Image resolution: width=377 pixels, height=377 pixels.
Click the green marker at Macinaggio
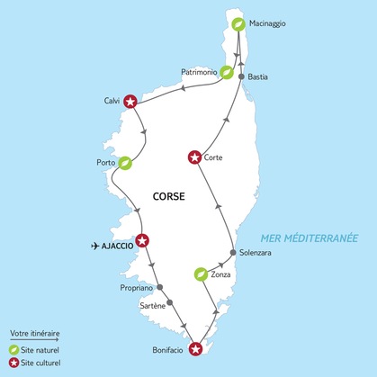(x=238, y=24)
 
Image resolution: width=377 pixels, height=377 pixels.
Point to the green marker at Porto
(x=125, y=164)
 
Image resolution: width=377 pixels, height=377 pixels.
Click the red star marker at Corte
(x=194, y=157)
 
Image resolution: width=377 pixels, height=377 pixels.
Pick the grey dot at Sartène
(x=170, y=304)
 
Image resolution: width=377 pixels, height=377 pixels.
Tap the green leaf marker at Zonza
(x=202, y=274)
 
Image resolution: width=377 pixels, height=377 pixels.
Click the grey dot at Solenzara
(x=233, y=253)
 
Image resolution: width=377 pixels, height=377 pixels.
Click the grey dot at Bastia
(x=241, y=77)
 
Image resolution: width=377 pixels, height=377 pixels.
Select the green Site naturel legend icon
(x=13, y=349)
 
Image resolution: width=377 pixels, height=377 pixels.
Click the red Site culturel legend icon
(x=13, y=363)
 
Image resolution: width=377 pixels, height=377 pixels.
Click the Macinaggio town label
(x=270, y=24)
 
